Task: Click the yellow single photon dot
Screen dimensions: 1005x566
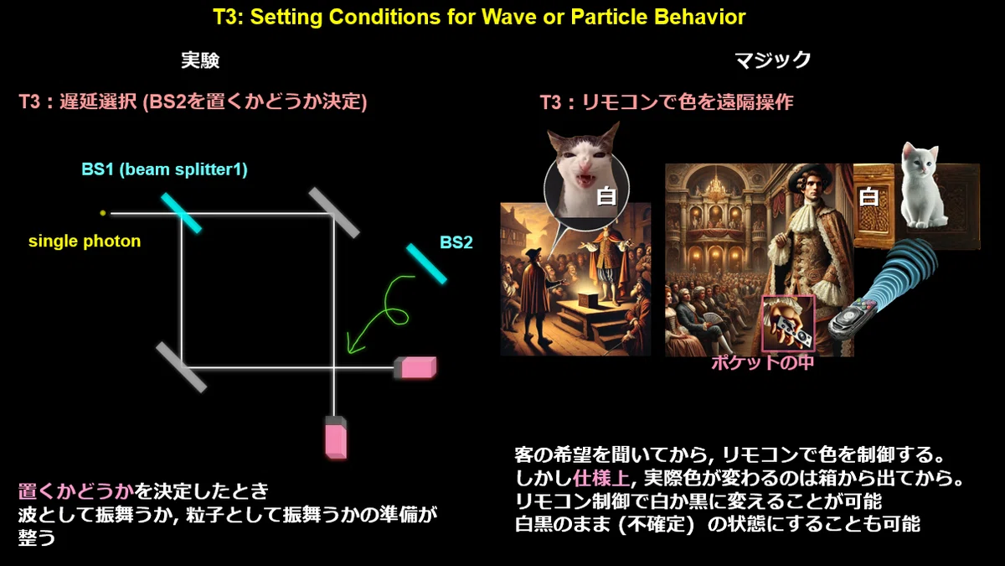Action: [x=103, y=213]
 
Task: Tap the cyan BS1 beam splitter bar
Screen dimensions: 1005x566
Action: [x=181, y=213]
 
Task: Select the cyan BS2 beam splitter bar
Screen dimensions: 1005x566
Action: [x=426, y=263]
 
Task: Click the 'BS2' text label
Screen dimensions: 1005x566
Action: [x=456, y=242]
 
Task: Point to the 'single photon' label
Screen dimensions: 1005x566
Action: [x=85, y=241]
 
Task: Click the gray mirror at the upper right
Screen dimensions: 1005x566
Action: [x=334, y=212]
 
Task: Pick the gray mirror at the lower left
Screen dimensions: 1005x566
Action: [x=181, y=367]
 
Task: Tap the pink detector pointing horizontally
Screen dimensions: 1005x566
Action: [x=415, y=367]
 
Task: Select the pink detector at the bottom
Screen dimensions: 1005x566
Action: [x=336, y=438]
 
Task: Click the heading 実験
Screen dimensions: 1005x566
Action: [x=200, y=60]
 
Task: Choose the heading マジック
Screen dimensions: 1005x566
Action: [x=772, y=60]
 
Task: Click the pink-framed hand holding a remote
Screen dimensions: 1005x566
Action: [x=789, y=324]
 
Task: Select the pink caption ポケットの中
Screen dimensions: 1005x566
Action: [x=762, y=362]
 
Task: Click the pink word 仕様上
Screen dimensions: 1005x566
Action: [x=601, y=478]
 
